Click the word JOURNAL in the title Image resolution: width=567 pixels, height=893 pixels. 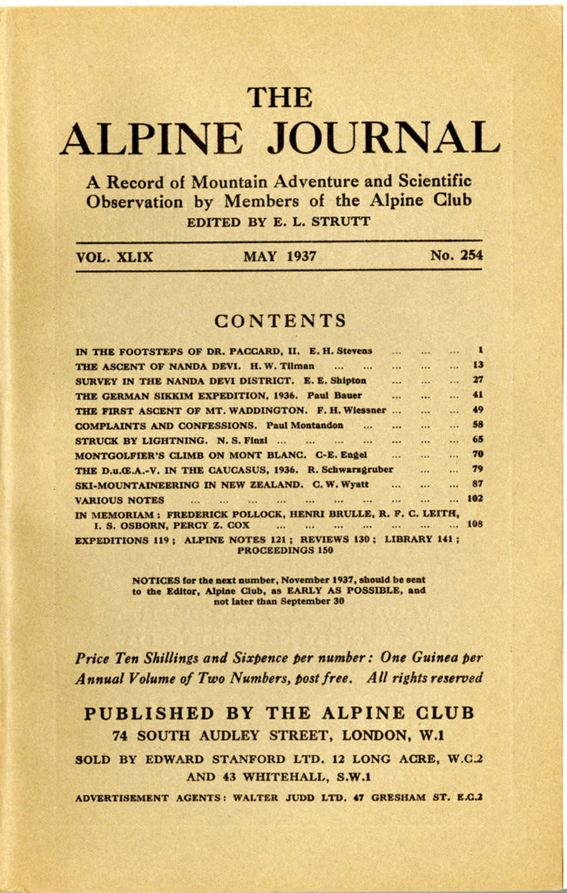pyautogui.click(x=382, y=138)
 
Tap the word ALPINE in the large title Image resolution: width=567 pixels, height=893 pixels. pyautogui.click(x=152, y=138)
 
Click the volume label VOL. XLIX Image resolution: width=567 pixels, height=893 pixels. pyautogui.click(x=114, y=256)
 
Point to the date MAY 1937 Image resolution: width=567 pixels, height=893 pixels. pyautogui.click(x=280, y=256)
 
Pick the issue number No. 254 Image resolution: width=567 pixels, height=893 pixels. pyautogui.click(x=456, y=256)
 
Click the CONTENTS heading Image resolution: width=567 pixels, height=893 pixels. pyautogui.click(x=280, y=321)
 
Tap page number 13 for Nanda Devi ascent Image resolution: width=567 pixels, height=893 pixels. pyautogui.click(x=478, y=365)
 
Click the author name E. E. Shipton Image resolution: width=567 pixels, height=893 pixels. pyautogui.click(x=335, y=380)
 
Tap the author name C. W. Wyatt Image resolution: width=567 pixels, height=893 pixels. pyautogui.click(x=343, y=484)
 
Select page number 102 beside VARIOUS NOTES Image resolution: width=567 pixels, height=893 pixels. pyautogui.click(x=475, y=499)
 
